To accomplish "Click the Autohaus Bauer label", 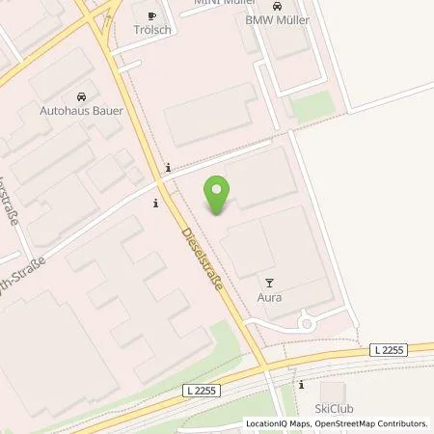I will pyautogui.click(x=80, y=111).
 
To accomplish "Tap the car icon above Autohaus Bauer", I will pyautogui.click(x=80, y=97).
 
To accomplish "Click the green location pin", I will pyautogui.click(x=218, y=196).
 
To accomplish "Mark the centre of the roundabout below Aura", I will pyautogui.click(x=307, y=324).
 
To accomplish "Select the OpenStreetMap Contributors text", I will pyautogui.click(x=368, y=423).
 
